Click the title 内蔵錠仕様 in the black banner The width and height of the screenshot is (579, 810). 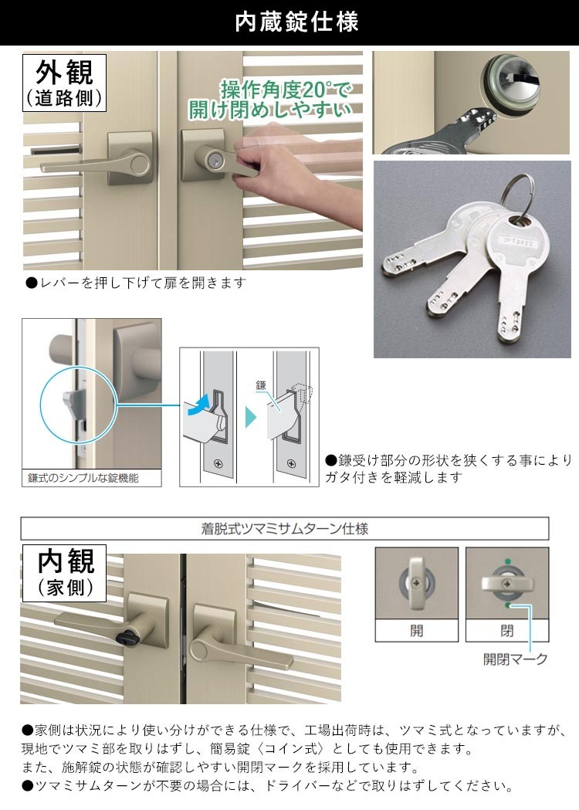[296, 22]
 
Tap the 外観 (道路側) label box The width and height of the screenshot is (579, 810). [65, 83]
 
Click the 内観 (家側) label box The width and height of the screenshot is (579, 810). [65, 573]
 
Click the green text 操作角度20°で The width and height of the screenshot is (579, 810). [286, 90]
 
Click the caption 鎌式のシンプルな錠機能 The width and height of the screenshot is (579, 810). [83, 478]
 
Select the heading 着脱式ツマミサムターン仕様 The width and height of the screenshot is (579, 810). [285, 528]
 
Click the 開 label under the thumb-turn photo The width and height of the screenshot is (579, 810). [416, 630]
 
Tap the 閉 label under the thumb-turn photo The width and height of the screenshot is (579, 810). [506, 630]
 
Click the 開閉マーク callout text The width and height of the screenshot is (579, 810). [515, 659]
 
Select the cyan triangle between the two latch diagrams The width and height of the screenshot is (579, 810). [250, 417]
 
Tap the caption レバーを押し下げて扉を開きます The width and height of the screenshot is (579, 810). [137, 283]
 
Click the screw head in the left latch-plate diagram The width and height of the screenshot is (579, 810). [218, 463]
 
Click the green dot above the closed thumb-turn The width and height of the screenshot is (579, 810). [508, 561]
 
